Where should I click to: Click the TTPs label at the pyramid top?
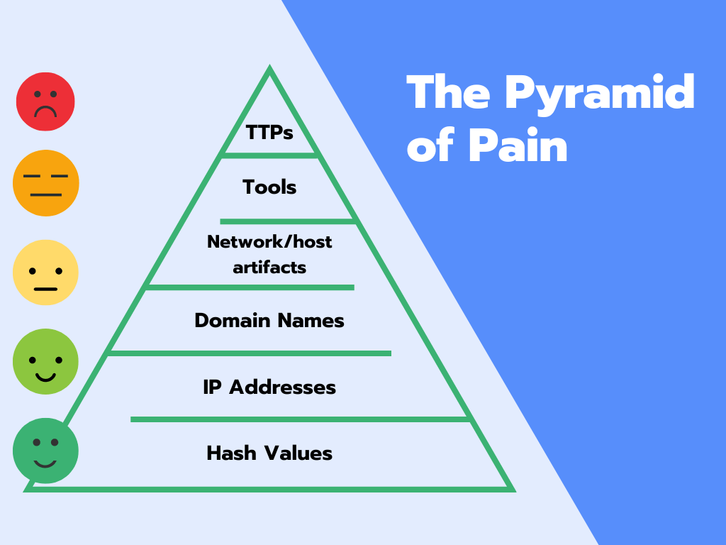269,132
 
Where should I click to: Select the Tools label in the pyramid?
269,187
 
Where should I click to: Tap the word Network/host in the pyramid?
269,242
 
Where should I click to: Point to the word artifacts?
269,268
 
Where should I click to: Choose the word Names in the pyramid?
311,321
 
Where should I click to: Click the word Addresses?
282,387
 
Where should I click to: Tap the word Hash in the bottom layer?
227,453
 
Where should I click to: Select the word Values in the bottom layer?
298,453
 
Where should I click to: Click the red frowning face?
45,101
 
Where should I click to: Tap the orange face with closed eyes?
46,183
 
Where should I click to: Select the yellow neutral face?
45,272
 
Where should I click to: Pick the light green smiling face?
45,361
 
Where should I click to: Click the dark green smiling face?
45,451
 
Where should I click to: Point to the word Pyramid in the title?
600,92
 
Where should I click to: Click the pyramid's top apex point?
269,69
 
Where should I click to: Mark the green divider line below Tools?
287,221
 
